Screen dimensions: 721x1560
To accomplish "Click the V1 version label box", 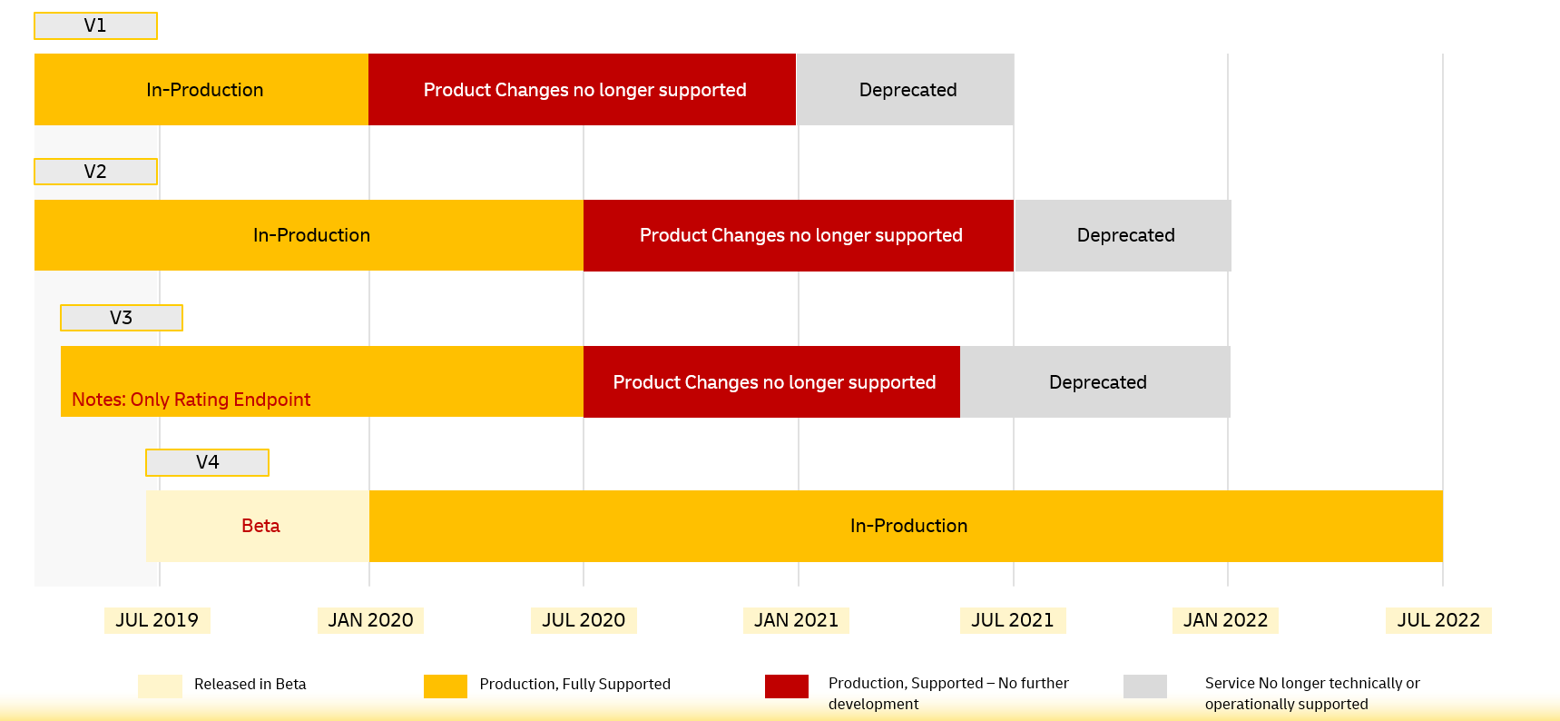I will click(x=95, y=25).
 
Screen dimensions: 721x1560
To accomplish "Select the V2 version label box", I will click(x=95, y=172).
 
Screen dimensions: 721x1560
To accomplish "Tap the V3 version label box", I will click(x=122, y=318).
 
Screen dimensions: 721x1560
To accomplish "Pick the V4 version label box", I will click(x=207, y=462).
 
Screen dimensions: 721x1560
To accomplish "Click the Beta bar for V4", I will click(x=259, y=526).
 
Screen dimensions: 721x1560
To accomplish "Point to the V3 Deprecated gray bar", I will click(x=1095, y=382).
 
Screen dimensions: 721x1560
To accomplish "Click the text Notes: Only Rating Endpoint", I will click(x=191, y=400).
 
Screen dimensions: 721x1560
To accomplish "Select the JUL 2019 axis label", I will click(x=157, y=620).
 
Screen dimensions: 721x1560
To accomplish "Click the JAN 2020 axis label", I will click(x=370, y=620).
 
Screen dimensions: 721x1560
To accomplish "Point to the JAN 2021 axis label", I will click(x=796, y=620).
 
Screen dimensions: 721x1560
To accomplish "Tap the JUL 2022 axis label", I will click(x=1438, y=620).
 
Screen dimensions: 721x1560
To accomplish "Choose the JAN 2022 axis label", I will click(x=1225, y=620).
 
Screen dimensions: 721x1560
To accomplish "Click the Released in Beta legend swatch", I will click(x=160, y=686).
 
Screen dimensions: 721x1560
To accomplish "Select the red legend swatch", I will click(x=786, y=686).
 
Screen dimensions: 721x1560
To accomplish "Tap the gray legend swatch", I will click(x=1144, y=686).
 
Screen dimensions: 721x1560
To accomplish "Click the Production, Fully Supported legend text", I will click(x=574, y=685).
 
